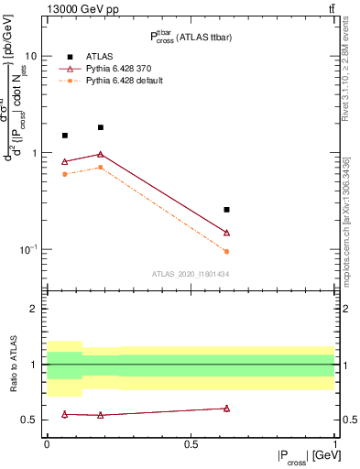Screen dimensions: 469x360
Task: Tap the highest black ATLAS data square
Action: coord(101,127)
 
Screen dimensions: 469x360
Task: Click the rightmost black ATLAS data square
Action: coord(226,210)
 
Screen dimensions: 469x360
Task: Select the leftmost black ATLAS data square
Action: coord(64,136)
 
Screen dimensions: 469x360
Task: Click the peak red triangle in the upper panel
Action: coord(101,154)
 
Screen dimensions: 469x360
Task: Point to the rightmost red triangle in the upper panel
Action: coord(226,233)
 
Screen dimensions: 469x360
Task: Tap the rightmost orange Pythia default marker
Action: coord(226,251)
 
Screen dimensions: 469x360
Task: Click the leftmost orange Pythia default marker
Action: coord(64,174)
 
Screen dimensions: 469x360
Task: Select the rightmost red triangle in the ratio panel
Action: coord(226,409)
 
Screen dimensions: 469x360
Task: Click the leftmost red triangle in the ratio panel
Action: coord(64,414)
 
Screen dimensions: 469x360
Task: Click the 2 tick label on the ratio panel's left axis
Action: coord(35,309)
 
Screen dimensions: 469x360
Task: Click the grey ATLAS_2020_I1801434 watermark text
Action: coord(190,274)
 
